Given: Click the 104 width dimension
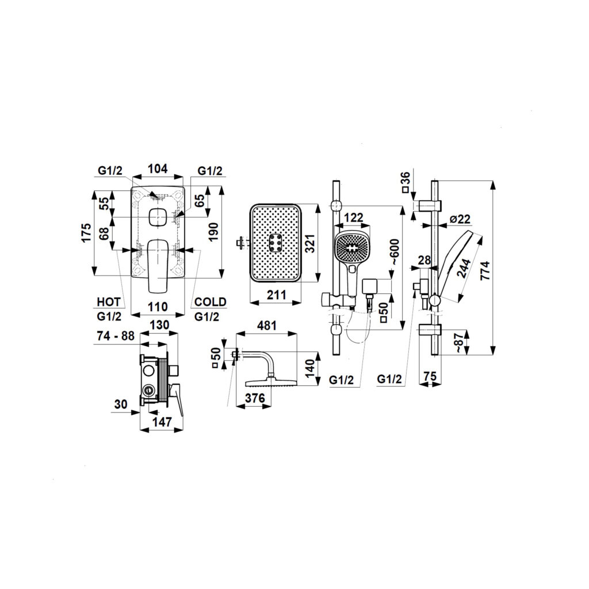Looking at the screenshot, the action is pyautogui.click(x=157, y=169).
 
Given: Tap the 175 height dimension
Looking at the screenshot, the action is pyautogui.click(x=87, y=233).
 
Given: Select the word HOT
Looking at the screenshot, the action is pyautogui.click(x=109, y=301).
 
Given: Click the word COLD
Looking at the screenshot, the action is pyautogui.click(x=211, y=301).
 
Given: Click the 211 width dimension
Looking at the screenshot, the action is pyautogui.click(x=276, y=295).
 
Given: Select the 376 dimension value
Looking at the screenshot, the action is pyautogui.click(x=254, y=398).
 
